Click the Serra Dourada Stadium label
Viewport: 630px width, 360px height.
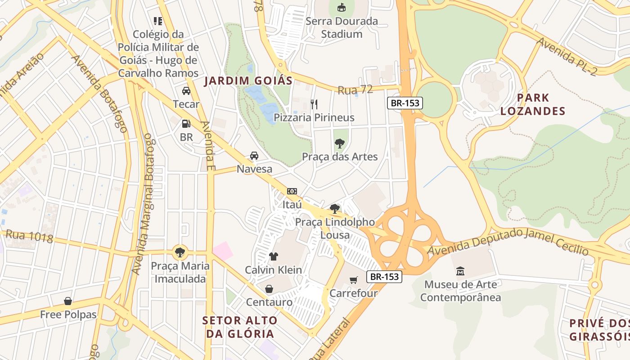342,27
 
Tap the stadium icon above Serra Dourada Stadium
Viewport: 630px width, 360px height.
342,7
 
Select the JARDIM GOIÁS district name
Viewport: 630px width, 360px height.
248,81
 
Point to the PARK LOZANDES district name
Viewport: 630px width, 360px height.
533,104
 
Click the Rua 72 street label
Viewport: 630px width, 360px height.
355,90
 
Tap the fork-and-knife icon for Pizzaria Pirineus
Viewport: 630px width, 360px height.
314,104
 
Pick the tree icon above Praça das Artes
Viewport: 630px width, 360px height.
339,144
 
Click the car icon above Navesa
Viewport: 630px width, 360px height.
254,156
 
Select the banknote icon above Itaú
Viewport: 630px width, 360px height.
292,191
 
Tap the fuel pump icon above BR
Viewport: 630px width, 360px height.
186,124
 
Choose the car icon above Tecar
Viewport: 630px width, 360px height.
186,91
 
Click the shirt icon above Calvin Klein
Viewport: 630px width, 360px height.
273,256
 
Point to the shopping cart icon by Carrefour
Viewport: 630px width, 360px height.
354,280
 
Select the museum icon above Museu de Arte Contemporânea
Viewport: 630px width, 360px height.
460,271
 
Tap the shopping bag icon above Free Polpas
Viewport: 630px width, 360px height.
68,301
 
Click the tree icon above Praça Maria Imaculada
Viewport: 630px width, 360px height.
180,252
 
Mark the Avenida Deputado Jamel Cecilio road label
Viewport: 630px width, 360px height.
508,242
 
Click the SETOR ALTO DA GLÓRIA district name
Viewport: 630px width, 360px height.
240,327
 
